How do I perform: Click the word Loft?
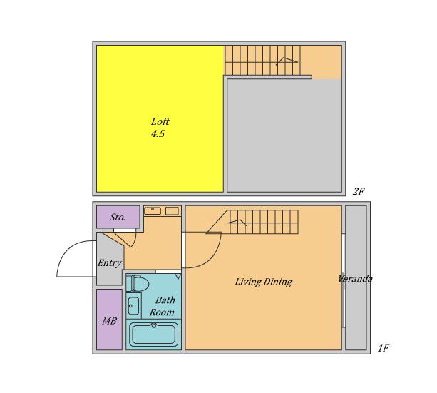(x=160, y=122)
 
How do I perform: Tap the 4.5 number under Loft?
(x=158, y=134)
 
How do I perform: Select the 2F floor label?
(x=359, y=192)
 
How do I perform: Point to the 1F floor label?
(x=384, y=348)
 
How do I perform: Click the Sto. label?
(x=118, y=218)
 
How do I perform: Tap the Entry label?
(x=110, y=263)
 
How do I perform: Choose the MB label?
(x=109, y=321)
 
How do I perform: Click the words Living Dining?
(x=263, y=282)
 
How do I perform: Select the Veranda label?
(x=355, y=279)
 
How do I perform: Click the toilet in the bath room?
(x=138, y=284)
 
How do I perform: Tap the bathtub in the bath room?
(x=153, y=334)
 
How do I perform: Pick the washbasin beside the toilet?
(x=133, y=306)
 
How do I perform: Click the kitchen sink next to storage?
(x=153, y=210)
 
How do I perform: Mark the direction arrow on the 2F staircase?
(x=287, y=61)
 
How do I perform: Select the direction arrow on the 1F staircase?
(x=237, y=223)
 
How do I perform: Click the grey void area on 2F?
(x=284, y=136)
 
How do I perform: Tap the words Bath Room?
(x=163, y=306)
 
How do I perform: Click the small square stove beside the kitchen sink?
(x=172, y=211)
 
